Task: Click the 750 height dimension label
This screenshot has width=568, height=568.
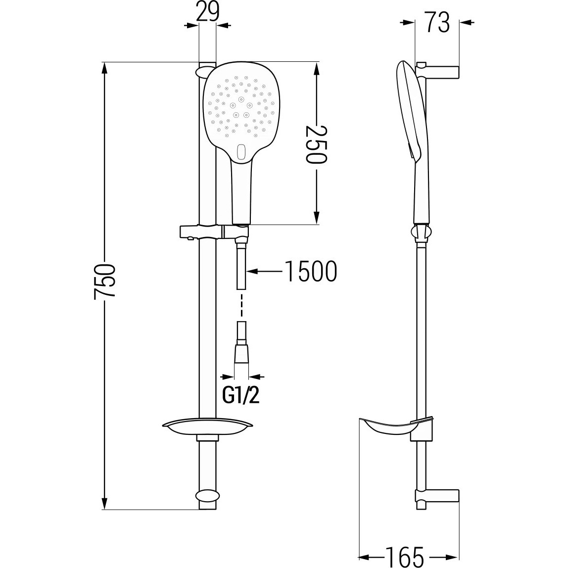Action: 104,281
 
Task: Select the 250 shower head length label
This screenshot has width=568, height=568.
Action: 316,144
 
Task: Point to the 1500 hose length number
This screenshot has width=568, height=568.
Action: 311,271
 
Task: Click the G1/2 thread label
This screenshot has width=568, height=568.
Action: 241,396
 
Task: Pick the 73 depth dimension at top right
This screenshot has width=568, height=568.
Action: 437,22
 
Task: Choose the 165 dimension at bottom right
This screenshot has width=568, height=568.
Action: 404,557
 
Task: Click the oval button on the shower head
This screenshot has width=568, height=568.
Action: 241,152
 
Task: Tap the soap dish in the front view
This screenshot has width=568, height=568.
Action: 208,428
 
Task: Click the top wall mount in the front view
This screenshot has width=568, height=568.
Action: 207,71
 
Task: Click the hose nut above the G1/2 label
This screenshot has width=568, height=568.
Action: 242,352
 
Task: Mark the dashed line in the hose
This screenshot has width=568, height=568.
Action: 241,305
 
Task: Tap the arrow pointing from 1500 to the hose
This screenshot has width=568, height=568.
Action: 264,271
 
